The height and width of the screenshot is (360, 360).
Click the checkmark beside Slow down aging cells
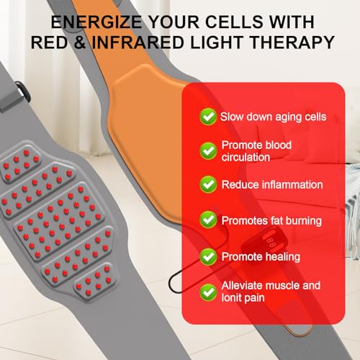coord(208,117)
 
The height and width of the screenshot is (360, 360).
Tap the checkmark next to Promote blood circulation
coord(208,150)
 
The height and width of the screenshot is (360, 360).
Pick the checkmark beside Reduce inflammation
coord(208,185)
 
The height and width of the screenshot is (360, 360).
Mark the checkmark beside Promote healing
coord(208,256)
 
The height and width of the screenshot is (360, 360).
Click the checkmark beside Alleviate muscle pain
coord(208,291)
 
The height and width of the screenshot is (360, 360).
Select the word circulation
coord(246,157)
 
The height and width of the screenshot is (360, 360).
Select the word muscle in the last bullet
coord(283,285)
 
